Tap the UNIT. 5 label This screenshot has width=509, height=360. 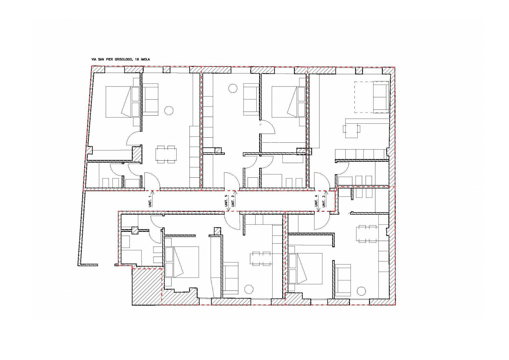(226, 201)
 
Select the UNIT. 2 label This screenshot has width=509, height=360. (233, 201)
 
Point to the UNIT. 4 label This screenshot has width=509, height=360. (316, 201)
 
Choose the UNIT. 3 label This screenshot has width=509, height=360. (323, 201)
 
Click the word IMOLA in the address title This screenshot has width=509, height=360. (145, 59)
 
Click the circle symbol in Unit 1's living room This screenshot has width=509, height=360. (168, 110)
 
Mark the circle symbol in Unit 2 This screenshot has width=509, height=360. (233, 88)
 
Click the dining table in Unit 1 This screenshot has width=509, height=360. (166, 154)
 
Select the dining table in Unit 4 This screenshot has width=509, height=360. (367, 234)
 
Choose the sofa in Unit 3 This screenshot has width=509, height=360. (381, 97)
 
